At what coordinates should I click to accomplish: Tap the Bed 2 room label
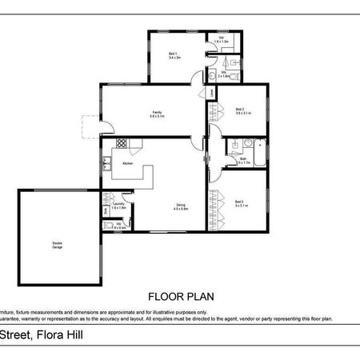pos(243,110)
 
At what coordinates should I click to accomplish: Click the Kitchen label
pos(126,163)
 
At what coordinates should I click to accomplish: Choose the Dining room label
pos(182,206)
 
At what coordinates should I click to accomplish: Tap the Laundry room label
pos(120,206)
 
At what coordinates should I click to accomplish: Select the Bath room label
pos(243,160)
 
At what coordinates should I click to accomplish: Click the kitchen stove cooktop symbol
pos(122,143)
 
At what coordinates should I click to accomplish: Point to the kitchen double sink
pos(106,166)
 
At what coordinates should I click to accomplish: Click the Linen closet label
pos(212,94)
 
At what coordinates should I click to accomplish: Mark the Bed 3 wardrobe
pos(212,210)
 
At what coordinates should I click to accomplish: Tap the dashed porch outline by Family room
pos(90,126)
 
